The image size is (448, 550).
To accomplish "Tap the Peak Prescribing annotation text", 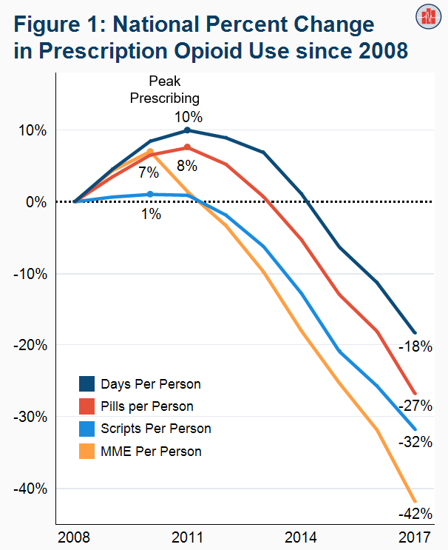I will [165, 89].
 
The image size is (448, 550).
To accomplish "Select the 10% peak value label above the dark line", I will [189, 116].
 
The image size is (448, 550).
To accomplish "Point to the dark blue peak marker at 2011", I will [187, 130].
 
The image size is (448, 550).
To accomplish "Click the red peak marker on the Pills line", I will [187, 147].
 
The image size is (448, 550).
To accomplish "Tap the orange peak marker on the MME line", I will [150, 152].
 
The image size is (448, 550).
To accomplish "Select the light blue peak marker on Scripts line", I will [150, 194].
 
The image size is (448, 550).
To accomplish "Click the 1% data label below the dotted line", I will [151, 215].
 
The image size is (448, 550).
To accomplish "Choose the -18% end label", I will [415, 346].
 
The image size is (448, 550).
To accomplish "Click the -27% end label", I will [415, 406].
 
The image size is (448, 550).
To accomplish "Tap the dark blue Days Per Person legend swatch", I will [88, 384].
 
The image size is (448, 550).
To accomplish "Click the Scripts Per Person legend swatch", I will [88, 429].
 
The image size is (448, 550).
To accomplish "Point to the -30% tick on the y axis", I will [31, 417].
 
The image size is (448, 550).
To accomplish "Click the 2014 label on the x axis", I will [302, 536].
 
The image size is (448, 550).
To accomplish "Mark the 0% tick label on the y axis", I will [35, 201].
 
